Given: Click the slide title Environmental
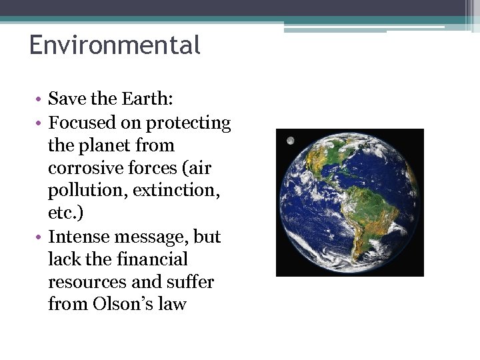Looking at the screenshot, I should click(x=115, y=45).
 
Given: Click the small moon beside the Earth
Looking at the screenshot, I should click(x=290, y=141).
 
